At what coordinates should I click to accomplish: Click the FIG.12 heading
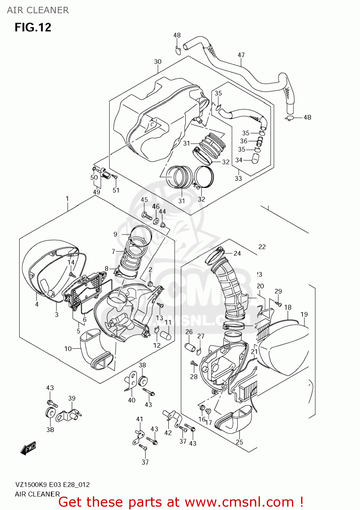point(33,27)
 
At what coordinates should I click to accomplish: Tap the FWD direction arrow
point(28,448)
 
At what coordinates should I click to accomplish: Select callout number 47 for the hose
point(241,55)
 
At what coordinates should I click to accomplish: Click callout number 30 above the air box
point(158,62)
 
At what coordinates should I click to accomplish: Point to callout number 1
point(67,199)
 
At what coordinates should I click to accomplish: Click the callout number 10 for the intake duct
point(68,348)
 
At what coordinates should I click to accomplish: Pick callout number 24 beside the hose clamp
point(237,253)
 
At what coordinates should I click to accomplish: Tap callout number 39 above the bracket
point(72,398)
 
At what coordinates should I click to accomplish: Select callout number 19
point(304,314)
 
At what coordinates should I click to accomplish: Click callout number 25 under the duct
point(240,442)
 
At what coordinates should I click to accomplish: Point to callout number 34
point(239,160)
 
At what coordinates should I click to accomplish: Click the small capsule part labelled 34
point(255,158)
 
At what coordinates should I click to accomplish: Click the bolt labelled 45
point(147,216)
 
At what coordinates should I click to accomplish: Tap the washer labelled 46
point(156,221)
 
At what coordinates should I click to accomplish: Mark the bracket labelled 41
point(137,437)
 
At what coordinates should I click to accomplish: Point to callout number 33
point(238,178)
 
